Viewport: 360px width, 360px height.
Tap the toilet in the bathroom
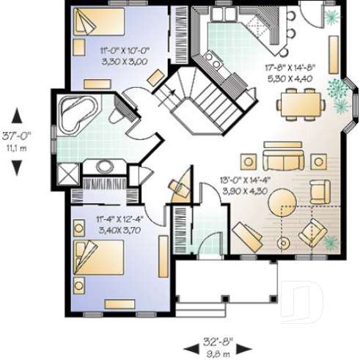pos(116,114)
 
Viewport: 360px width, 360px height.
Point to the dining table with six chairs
pos(302,103)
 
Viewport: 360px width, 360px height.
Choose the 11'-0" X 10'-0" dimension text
pos(124,51)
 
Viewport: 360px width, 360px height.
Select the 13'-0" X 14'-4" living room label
pos(242,181)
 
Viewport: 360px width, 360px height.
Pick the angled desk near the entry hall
pos(180,187)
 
